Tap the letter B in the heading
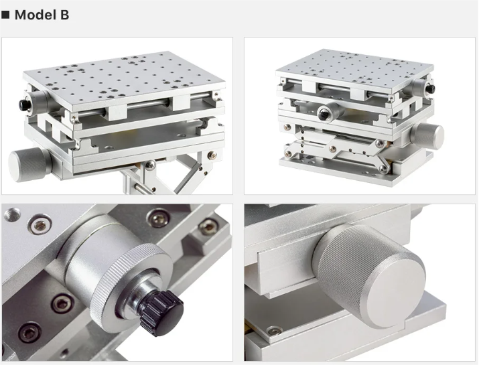coord(64,15)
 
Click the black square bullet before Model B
coord(5,14)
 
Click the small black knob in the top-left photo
coord(23,104)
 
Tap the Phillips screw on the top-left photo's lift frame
coord(150,165)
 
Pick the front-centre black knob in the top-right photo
coord(324,115)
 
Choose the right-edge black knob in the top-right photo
coord(431,88)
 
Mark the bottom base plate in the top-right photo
coord(356,168)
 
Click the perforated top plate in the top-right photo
coord(354,70)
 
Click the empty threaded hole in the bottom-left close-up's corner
coord(12,214)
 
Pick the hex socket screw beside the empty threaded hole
coord(40,225)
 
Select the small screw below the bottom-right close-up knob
coord(274,331)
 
